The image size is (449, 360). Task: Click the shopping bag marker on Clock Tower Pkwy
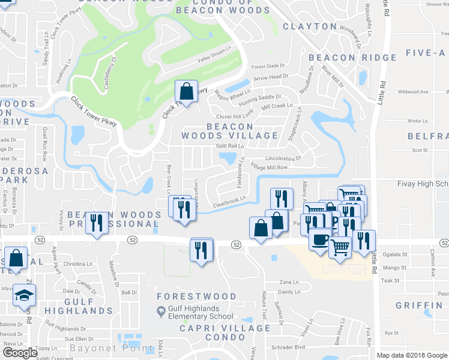[x=186, y=92]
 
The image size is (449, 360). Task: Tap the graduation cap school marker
[x=25, y=295]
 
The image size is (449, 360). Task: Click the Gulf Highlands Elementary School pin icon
[x=161, y=311]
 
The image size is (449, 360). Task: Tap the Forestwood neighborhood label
[x=196, y=296]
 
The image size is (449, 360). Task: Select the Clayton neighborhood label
[x=309, y=26]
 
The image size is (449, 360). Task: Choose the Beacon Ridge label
[x=352, y=58]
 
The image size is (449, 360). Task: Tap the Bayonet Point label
[x=112, y=348]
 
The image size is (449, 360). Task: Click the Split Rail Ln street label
[x=230, y=146]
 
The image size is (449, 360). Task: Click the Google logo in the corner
[x=20, y=352]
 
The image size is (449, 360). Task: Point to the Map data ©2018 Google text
[x=411, y=355]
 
